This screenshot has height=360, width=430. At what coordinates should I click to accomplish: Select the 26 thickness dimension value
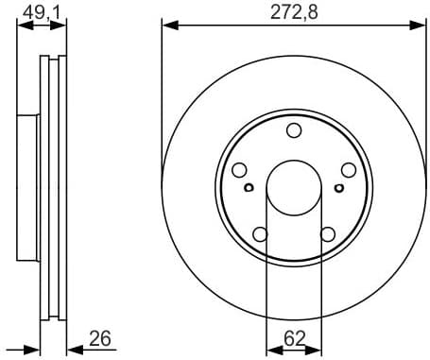[100, 336]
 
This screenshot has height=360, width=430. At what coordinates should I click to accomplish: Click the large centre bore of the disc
[294, 185]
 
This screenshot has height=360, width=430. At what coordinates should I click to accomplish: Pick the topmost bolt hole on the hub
[294, 130]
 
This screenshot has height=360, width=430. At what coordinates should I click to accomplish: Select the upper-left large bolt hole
[240, 170]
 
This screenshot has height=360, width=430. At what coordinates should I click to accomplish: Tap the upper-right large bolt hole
[348, 170]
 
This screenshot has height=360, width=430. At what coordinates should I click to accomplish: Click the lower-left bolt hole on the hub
[260, 233]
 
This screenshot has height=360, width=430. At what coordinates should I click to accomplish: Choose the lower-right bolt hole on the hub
[327, 233]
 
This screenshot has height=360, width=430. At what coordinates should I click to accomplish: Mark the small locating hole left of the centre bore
[249, 187]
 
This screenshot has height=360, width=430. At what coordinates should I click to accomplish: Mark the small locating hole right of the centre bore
[339, 187]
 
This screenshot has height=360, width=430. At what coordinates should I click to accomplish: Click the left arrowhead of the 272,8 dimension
[168, 24]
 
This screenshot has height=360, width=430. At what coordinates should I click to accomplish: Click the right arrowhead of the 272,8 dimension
[420, 24]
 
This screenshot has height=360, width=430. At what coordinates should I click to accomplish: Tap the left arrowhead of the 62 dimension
[272, 349]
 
